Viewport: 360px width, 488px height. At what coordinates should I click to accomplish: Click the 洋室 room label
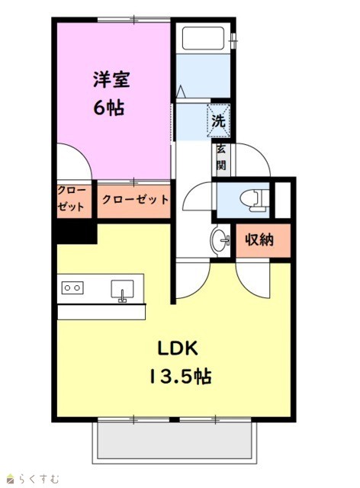(x=111, y=79)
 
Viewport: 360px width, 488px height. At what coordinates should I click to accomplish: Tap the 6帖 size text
(x=108, y=108)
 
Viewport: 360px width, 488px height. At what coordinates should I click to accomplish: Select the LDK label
(x=178, y=348)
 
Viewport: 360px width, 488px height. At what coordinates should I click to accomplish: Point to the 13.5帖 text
(x=181, y=376)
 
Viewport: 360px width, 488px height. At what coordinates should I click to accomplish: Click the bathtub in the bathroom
(x=203, y=38)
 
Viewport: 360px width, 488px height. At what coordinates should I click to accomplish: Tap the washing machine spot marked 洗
(x=219, y=120)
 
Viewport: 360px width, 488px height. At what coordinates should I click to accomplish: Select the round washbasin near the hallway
(x=220, y=240)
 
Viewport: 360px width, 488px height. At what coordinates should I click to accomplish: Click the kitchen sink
(x=122, y=291)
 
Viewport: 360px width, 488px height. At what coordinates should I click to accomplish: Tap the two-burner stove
(x=72, y=288)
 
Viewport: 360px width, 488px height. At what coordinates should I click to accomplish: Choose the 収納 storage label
(x=259, y=239)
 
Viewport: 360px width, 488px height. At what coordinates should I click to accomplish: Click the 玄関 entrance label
(x=221, y=158)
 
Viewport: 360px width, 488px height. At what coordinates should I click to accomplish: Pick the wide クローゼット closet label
(x=135, y=200)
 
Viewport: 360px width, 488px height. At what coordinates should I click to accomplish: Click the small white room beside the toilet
(x=283, y=200)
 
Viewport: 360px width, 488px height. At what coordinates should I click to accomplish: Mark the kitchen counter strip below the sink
(x=101, y=312)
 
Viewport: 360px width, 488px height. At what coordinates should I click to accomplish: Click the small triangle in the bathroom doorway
(x=180, y=92)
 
